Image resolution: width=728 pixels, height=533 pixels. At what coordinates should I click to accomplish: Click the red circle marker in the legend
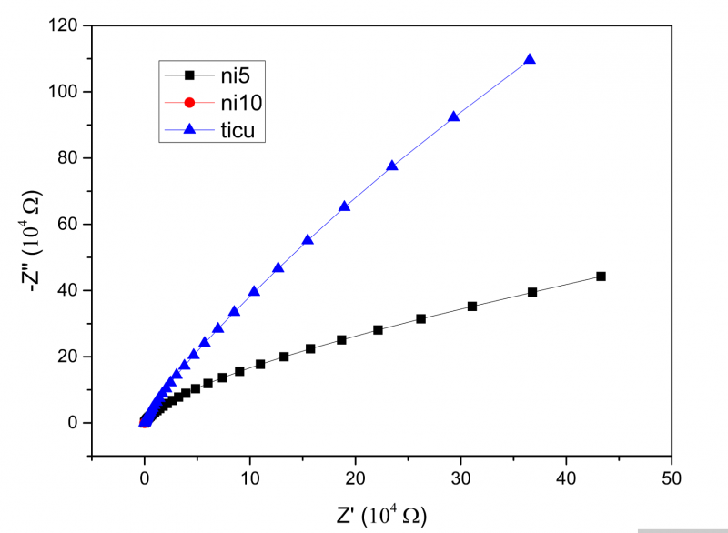(x=189, y=102)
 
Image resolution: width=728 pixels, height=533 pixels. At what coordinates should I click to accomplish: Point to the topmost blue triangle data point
(x=530, y=59)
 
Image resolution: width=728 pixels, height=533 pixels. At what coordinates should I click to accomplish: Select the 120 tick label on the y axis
(x=63, y=25)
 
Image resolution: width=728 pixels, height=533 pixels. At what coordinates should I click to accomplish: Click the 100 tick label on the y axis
(x=63, y=92)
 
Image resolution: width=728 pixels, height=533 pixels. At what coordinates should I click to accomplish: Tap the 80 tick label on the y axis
(x=67, y=158)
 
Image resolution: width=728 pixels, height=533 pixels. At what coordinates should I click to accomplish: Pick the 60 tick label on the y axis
(x=67, y=224)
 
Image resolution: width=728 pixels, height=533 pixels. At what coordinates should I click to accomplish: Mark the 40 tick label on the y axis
(x=67, y=290)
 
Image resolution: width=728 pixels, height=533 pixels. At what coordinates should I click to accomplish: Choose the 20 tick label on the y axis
(x=67, y=357)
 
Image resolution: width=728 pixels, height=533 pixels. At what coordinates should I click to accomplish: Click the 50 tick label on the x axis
(x=672, y=478)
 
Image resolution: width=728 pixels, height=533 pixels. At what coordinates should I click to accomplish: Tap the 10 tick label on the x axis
(x=249, y=478)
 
